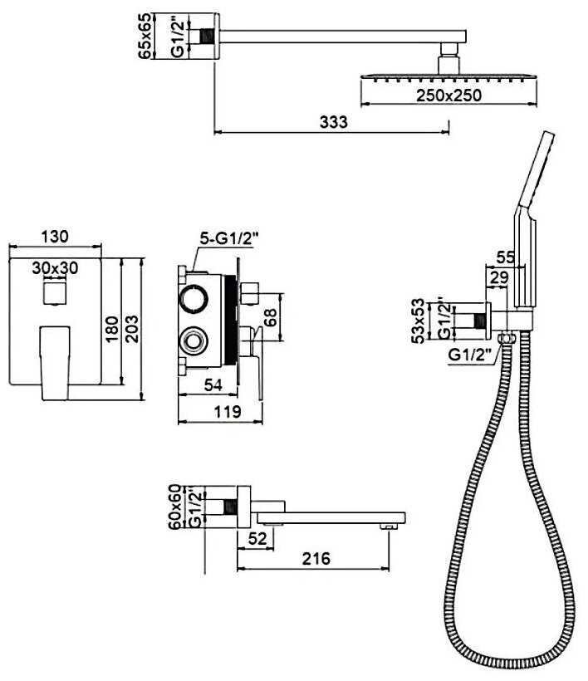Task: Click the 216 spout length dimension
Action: pyautogui.click(x=315, y=558)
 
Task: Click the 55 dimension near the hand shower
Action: pyautogui.click(x=505, y=257)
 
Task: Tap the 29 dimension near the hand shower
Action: pyautogui.click(x=498, y=278)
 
